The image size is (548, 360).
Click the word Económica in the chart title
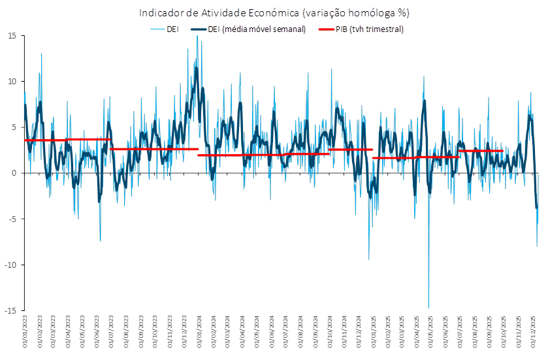click(x=276, y=12)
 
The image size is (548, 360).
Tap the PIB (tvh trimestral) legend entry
click(x=370, y=29)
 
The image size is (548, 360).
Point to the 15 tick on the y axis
click(x=12, y=35)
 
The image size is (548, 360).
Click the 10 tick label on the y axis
click(x=12, y=81)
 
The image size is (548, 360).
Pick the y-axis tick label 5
click(x=14, y=127)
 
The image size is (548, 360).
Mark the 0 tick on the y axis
click(x=14, y=172)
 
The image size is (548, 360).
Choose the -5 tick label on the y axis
click(x=12, y=218)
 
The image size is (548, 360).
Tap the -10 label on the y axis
click(x=10, y=264)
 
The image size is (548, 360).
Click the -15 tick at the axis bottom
click(x=10, y=310)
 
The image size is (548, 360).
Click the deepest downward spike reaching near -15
click(x=428, y=306)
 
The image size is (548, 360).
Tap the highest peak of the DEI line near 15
click(x=197, y=37)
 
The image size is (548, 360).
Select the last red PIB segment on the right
click(x=481, y=151)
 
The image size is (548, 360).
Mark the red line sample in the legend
click(x=325, y=29)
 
